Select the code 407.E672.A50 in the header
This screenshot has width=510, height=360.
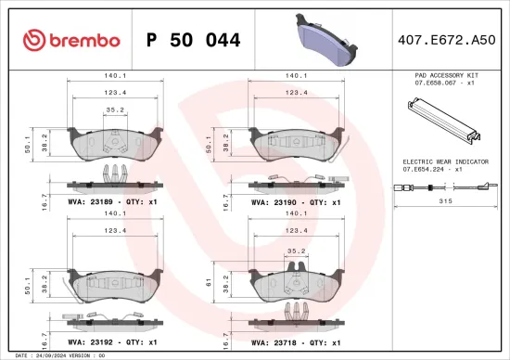click(440, 40)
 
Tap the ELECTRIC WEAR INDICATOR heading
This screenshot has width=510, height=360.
click(440, 161)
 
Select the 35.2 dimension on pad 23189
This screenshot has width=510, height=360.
click(116, 109)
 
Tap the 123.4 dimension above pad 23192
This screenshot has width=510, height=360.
click(116, 232)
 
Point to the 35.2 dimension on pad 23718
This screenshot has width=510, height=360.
click(296, 250)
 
